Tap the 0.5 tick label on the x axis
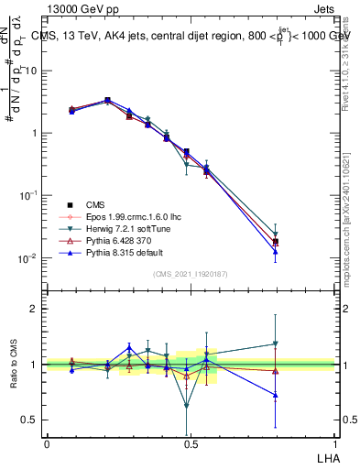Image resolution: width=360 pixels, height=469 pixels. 189,443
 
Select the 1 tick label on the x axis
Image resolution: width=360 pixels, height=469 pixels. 333,443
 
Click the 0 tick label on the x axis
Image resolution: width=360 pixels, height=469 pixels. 47,443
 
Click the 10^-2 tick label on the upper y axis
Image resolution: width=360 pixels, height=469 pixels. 25,258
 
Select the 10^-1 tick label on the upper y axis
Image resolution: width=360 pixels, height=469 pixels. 25,196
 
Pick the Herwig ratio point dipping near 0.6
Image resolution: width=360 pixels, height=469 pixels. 187,406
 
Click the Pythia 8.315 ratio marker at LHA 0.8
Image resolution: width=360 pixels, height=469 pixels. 275,395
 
